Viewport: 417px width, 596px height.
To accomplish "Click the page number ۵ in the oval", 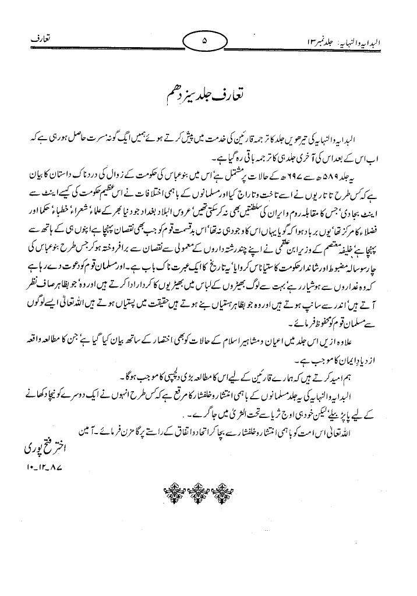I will coord(204,42).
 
